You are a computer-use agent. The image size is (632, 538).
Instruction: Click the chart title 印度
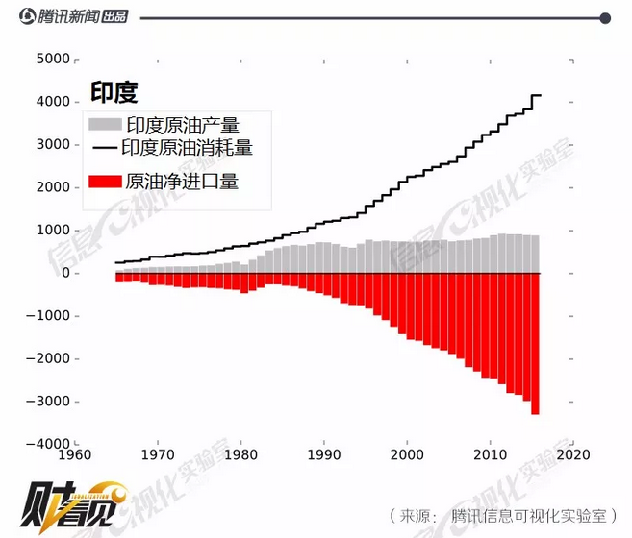point(114,92)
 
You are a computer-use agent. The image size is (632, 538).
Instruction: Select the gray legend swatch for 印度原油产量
point(105,125)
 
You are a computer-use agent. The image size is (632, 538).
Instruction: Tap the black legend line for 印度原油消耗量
point(105,149)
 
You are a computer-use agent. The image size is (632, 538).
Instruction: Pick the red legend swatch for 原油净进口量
point(105,180)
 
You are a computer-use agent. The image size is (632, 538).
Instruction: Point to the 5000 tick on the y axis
point(52,59)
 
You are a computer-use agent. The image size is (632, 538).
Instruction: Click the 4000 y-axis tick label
point(52,102)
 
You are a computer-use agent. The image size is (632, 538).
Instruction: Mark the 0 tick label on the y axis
point(63,273)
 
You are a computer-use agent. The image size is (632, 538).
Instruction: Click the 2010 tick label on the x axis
point(491,455)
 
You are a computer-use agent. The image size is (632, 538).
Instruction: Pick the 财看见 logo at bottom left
point(73,501)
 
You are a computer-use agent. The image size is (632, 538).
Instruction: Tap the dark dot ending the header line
point(605,17)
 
